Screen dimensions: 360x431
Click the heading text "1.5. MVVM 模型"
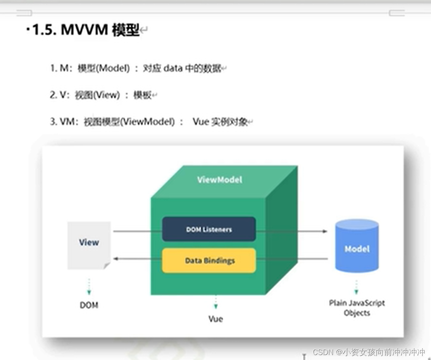pos(86,30)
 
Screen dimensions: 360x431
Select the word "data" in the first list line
pos(173,68)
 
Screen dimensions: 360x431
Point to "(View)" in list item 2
pos(107,95)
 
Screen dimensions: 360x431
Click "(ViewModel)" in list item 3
pos(147,122)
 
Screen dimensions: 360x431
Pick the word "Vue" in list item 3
pos(200,122)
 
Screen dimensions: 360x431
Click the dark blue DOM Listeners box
pos(209,229)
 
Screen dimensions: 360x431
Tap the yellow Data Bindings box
pos(209,261)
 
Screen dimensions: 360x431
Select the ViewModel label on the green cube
pos(219,180)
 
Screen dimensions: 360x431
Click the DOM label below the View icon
pos(89,306)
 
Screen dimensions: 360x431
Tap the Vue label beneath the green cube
pos(215,319)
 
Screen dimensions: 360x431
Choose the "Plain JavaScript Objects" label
pos(357,308)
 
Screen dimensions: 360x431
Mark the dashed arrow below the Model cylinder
pos(356,287)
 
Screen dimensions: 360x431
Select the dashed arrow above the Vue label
pos(215,302)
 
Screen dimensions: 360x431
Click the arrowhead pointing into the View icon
pos(116,259)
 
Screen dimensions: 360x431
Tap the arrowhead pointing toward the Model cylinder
pos(325,231)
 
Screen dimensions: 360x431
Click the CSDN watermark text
pos(369,352)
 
